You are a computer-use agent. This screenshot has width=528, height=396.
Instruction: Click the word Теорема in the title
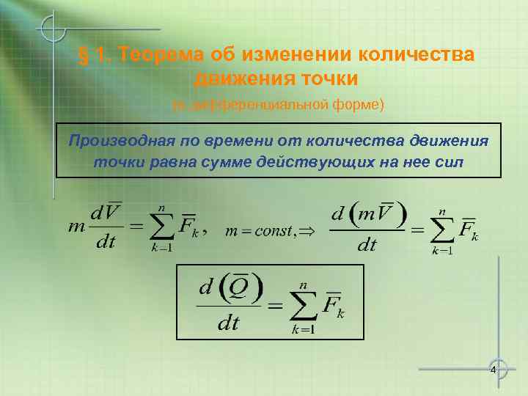click(160, 55)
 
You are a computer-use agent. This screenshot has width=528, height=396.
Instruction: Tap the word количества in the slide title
click(416, 55)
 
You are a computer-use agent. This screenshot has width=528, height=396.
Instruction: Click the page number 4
click(494, 369)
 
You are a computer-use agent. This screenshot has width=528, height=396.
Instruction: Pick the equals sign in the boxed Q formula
click(276, 304)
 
